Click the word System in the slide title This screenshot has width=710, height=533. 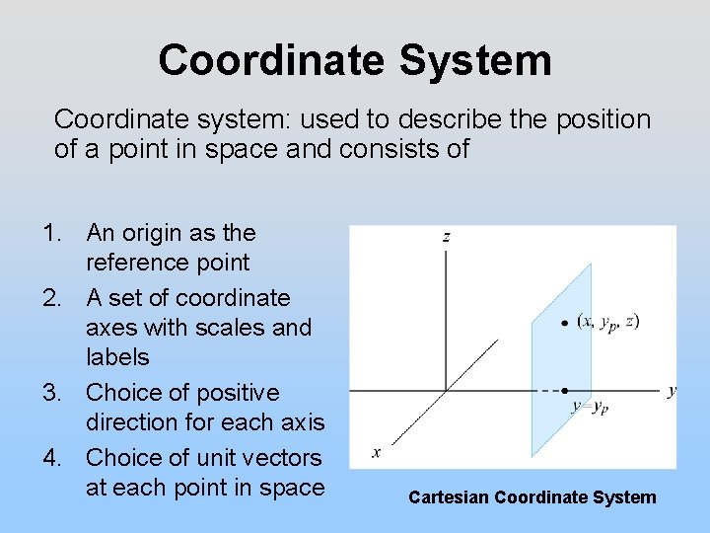476,60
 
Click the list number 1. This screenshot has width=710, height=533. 52,234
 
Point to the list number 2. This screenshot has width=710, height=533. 52,298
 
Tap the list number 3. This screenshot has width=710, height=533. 52,393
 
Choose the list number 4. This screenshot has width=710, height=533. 52,458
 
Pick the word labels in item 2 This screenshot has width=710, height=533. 117,357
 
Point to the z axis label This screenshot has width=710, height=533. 447,237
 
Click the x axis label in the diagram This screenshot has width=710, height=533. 376,453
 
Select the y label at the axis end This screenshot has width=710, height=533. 672,391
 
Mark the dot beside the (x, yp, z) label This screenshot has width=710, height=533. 564,323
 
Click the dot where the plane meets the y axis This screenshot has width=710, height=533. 564,391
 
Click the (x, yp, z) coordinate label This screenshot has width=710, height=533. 607,322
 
